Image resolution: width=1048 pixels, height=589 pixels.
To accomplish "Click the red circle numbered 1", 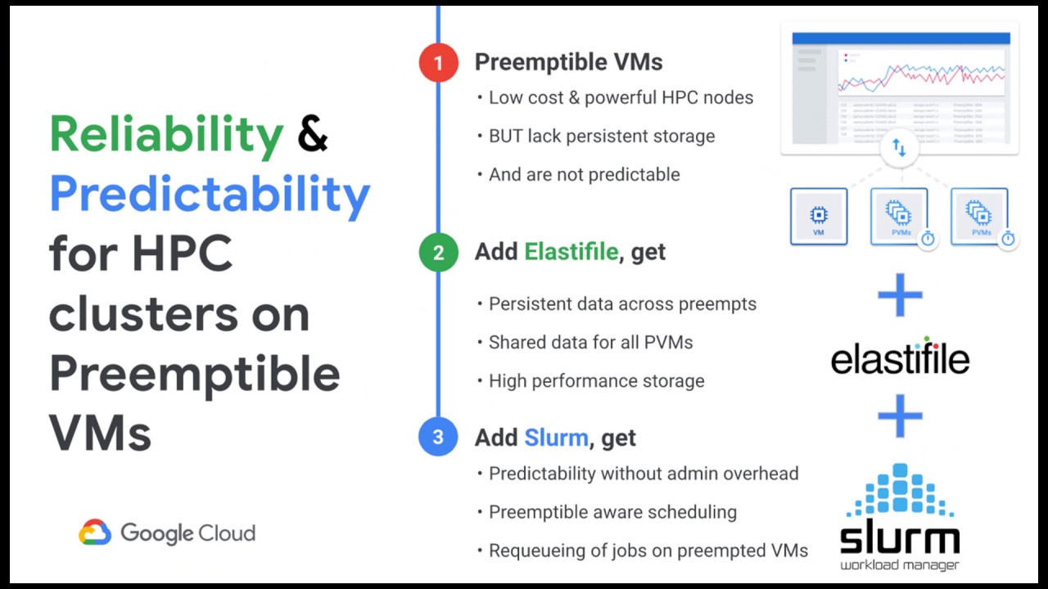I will [x=438, y=63].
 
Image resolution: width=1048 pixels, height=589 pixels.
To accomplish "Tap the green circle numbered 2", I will [x=438, y=253].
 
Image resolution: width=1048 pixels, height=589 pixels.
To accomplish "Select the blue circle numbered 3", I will [x=438, y=438].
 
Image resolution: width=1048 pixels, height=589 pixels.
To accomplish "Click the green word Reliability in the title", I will [x=166, y=136].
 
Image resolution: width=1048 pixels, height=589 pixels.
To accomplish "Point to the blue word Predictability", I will [x=210, y=195].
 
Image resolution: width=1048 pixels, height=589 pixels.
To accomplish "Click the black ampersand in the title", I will [x=313, y=134].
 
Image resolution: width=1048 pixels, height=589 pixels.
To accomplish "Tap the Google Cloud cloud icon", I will [x=95, y=533].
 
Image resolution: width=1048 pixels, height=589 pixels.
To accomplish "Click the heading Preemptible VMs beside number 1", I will [x=568, y=62].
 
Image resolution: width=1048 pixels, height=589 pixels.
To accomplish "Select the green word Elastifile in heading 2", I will [x=571, y=252].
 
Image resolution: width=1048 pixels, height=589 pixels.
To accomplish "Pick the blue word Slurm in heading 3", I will [x=556, y=438].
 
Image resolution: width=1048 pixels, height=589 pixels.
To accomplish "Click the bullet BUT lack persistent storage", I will [x=601, y=136].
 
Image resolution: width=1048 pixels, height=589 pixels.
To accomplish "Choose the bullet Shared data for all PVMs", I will [x=590, y=342].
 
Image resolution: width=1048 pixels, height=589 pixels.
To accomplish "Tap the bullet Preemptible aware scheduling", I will [x=612, y=512].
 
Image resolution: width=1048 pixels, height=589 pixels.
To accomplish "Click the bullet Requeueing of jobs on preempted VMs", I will [x=648, y=551].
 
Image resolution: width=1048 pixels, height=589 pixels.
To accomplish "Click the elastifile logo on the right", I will [x=900, y=357].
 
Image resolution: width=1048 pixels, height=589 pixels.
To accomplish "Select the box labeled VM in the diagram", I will [x=818, y=216].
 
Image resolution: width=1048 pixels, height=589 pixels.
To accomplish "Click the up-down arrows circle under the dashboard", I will [x=899, y=148].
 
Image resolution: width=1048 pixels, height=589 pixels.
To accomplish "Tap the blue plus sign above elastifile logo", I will [x=900, y=295].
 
